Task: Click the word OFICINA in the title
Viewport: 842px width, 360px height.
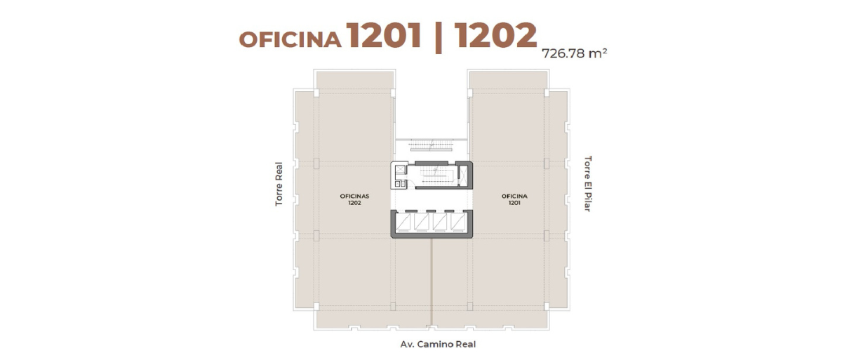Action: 290,39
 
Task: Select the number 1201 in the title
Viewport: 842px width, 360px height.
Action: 384,35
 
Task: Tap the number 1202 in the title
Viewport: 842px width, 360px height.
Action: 495,35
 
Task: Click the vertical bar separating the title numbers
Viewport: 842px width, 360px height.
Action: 438,36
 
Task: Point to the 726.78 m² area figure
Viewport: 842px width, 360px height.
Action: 574,53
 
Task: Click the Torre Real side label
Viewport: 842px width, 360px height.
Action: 279,184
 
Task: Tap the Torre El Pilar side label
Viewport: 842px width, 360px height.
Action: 587,183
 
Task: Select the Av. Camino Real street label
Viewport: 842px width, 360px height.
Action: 438,345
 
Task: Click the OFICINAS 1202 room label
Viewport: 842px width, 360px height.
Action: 354,199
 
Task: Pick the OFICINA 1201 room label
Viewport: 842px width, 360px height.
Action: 514,199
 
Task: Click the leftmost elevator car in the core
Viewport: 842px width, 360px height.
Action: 404,221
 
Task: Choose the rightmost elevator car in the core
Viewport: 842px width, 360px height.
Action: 459,221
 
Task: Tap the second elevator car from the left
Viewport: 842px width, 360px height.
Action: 422,221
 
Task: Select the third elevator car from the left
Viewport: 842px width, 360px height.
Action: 441,221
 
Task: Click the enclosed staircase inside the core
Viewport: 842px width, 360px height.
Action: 434,176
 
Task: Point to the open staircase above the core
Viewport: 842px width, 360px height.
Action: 431,145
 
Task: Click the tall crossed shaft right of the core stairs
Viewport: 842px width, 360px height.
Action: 464,176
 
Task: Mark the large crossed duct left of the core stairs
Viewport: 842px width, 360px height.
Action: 401,170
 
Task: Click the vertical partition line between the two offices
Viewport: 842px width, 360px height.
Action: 432,281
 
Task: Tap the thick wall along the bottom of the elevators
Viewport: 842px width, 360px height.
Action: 432,235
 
